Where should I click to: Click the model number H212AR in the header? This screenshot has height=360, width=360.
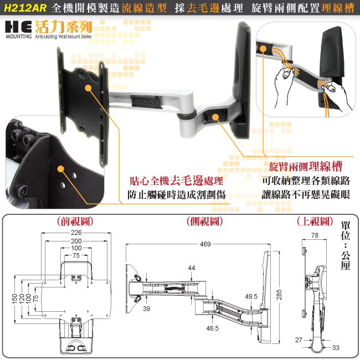[x=25, y=8]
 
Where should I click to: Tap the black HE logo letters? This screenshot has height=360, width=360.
[x=18, y=27]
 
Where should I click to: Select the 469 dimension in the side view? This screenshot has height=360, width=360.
[x=205, y=244]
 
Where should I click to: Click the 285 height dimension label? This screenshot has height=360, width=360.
[x=279, y=295]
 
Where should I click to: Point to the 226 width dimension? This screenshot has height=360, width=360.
[x=76, y=233]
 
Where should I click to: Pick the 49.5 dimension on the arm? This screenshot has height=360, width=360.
[x=251, y=296]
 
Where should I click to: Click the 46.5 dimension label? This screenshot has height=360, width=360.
[x=212, y=328]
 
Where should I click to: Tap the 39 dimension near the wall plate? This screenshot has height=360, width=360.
[x=146, y=308]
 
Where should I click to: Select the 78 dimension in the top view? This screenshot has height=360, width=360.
[x=315, y=235]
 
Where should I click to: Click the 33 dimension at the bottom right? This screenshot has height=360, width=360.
[x=336, y=348]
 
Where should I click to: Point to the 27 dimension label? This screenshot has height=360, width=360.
[x=299, y=340]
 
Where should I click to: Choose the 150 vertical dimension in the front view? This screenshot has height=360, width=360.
[x=15, y=299]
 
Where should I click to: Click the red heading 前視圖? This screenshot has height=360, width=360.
[x=75, y=222]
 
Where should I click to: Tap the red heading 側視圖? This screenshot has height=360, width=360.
[x=204, y=222]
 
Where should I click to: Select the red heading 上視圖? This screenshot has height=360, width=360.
[x=315, y=222]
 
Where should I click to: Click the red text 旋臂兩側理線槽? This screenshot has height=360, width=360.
[x=306, y=167]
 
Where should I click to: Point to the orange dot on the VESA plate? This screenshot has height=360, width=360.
[x=88, y=88]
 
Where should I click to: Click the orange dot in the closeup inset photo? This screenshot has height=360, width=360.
[x=60, y=169]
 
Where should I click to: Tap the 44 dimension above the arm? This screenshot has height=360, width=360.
[x=192, y=268]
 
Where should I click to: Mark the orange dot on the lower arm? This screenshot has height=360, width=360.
[x=215, y=117]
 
